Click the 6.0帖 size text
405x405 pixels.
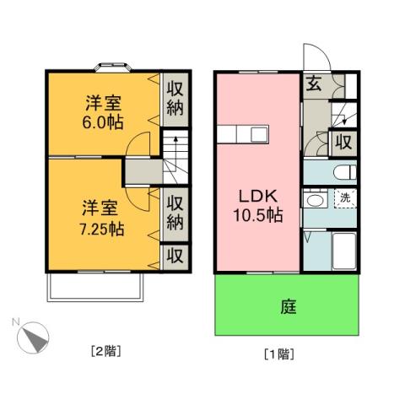pos(103,121)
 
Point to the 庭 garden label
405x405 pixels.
pos(287,306)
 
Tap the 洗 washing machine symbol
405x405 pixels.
pos(343,198)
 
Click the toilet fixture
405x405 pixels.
pos(341,172)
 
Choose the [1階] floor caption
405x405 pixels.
pos(278,354)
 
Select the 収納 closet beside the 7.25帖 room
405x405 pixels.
pos(175,213)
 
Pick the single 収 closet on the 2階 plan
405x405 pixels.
pos(175,255)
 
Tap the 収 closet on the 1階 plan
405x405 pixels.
pos(344,142)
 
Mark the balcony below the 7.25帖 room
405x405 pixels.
pos(94,288)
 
